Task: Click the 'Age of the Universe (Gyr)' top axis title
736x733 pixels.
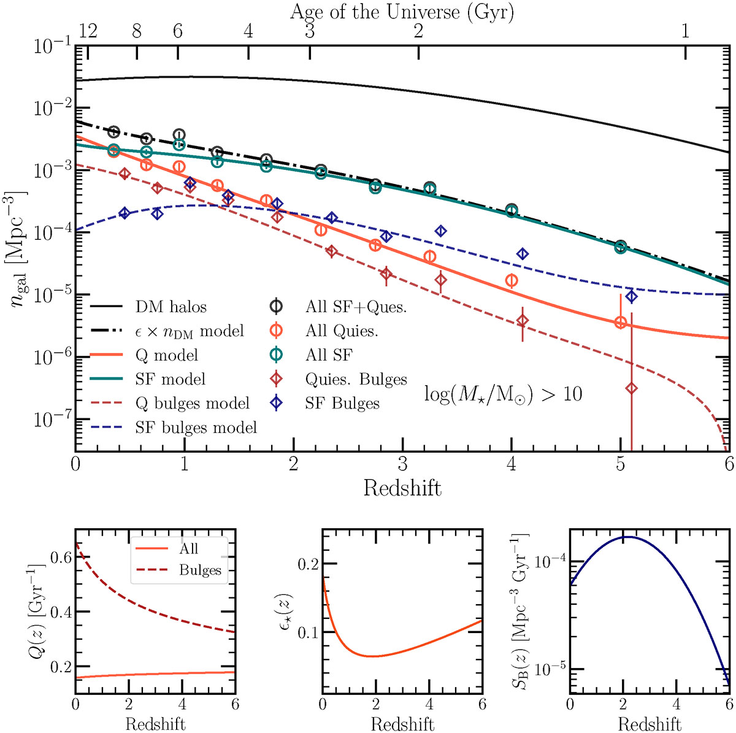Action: [402, 12]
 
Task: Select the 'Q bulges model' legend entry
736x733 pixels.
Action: [192, 403]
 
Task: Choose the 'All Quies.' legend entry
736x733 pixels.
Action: [342, 331]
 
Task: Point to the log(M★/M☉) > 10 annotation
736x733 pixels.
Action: [503, 393]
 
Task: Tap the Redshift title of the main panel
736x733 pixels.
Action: [402, 488]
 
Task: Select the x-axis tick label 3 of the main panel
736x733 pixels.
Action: [402, 464]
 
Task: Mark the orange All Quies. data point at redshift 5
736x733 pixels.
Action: [621, 322]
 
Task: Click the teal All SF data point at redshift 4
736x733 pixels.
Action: [512, 211]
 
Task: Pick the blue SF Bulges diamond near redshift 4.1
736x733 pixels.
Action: [523, 254]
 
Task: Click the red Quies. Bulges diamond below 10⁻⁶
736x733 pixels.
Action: [631, 388]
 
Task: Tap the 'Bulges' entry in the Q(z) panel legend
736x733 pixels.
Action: [199, 570]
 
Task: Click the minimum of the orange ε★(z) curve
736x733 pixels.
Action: [372, 656]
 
